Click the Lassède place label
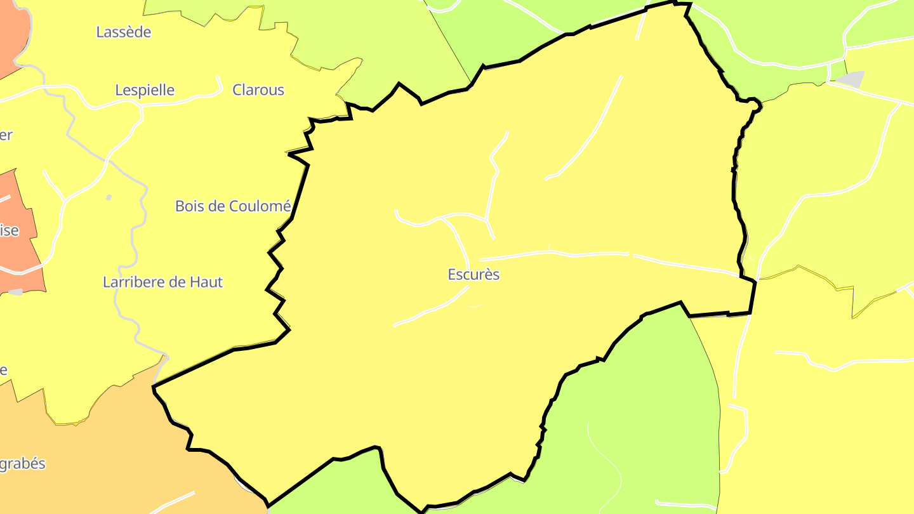(124, 32)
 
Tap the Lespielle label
(145, 90)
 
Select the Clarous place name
(258, 90)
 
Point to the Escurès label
(474, 275)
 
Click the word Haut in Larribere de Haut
(206, 282)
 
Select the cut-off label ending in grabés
(23, 464)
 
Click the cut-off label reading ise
(9, 230)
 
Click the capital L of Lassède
(100, 32)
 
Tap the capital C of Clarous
(237, 90)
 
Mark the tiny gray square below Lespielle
(109, 197)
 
